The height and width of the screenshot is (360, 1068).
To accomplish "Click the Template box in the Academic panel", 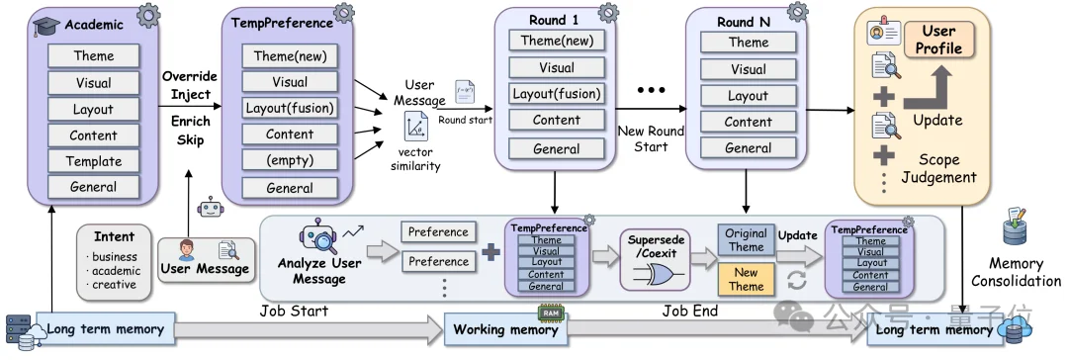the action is [94, 161].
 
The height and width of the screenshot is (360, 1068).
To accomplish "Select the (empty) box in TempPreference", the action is [290, 161].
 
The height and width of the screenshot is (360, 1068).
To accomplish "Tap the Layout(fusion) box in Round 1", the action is [557, 94].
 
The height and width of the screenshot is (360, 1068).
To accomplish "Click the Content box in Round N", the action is [748, 122].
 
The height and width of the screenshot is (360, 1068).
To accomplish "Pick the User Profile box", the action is [938, 40].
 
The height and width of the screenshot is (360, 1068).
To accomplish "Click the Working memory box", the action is [505, 330].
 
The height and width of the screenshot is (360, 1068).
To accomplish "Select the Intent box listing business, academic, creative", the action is [115, 261].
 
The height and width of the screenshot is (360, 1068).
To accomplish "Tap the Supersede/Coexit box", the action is [651, 260].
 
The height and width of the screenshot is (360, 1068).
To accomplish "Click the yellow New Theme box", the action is [746, 279].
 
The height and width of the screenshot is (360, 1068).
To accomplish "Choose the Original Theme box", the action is [746, 239].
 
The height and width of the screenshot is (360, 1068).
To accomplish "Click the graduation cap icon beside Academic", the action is [47, 26].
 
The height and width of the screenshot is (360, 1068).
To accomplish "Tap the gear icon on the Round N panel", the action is [797, 12].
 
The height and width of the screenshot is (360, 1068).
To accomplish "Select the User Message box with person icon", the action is [206, 259].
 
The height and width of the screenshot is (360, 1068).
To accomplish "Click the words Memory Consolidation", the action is [1016, 272].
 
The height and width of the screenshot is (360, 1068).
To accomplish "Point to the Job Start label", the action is [294, 312].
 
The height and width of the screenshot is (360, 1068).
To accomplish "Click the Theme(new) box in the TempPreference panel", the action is [290, 56].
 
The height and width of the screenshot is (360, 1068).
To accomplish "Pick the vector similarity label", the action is [415, 159].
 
